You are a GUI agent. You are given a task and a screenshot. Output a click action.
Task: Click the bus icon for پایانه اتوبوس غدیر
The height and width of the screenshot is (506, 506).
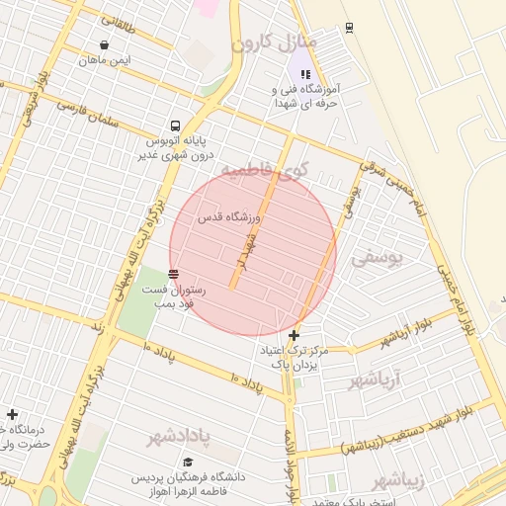tap(175, 126)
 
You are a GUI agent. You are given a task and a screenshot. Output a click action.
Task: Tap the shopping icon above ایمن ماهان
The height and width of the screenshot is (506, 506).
tap(105, 45)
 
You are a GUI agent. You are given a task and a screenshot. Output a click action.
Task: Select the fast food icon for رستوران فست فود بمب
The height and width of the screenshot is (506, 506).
tap(174, 274)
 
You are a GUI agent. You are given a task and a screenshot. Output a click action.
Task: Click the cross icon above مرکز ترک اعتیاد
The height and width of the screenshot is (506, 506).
tap(294, 336)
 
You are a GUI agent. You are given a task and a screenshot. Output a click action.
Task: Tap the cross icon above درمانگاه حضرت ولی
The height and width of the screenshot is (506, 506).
tap(12, 415)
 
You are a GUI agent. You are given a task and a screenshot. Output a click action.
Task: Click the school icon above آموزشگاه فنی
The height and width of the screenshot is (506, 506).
tap(305, 73)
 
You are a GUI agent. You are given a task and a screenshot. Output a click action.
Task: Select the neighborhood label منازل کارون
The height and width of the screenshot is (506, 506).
tap(276, 44)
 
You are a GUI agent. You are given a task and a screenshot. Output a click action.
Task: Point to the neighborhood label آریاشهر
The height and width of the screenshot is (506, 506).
tap(379, 380)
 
